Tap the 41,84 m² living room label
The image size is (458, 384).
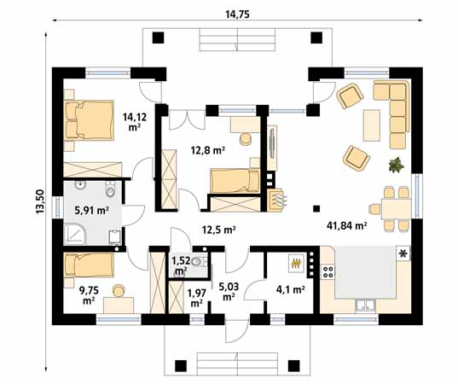tap(346, 226)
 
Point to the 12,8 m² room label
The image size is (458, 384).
tap(207, 150)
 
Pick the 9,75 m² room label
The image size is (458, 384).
tap(88, 294)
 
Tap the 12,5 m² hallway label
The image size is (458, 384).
tap(217, 229)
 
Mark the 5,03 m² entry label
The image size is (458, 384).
tap(228, 291)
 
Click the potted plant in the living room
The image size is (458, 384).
tap(396, 165)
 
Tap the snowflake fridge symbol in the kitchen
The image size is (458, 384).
tap(403, 254)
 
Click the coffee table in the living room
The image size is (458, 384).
tap(370, 125)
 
